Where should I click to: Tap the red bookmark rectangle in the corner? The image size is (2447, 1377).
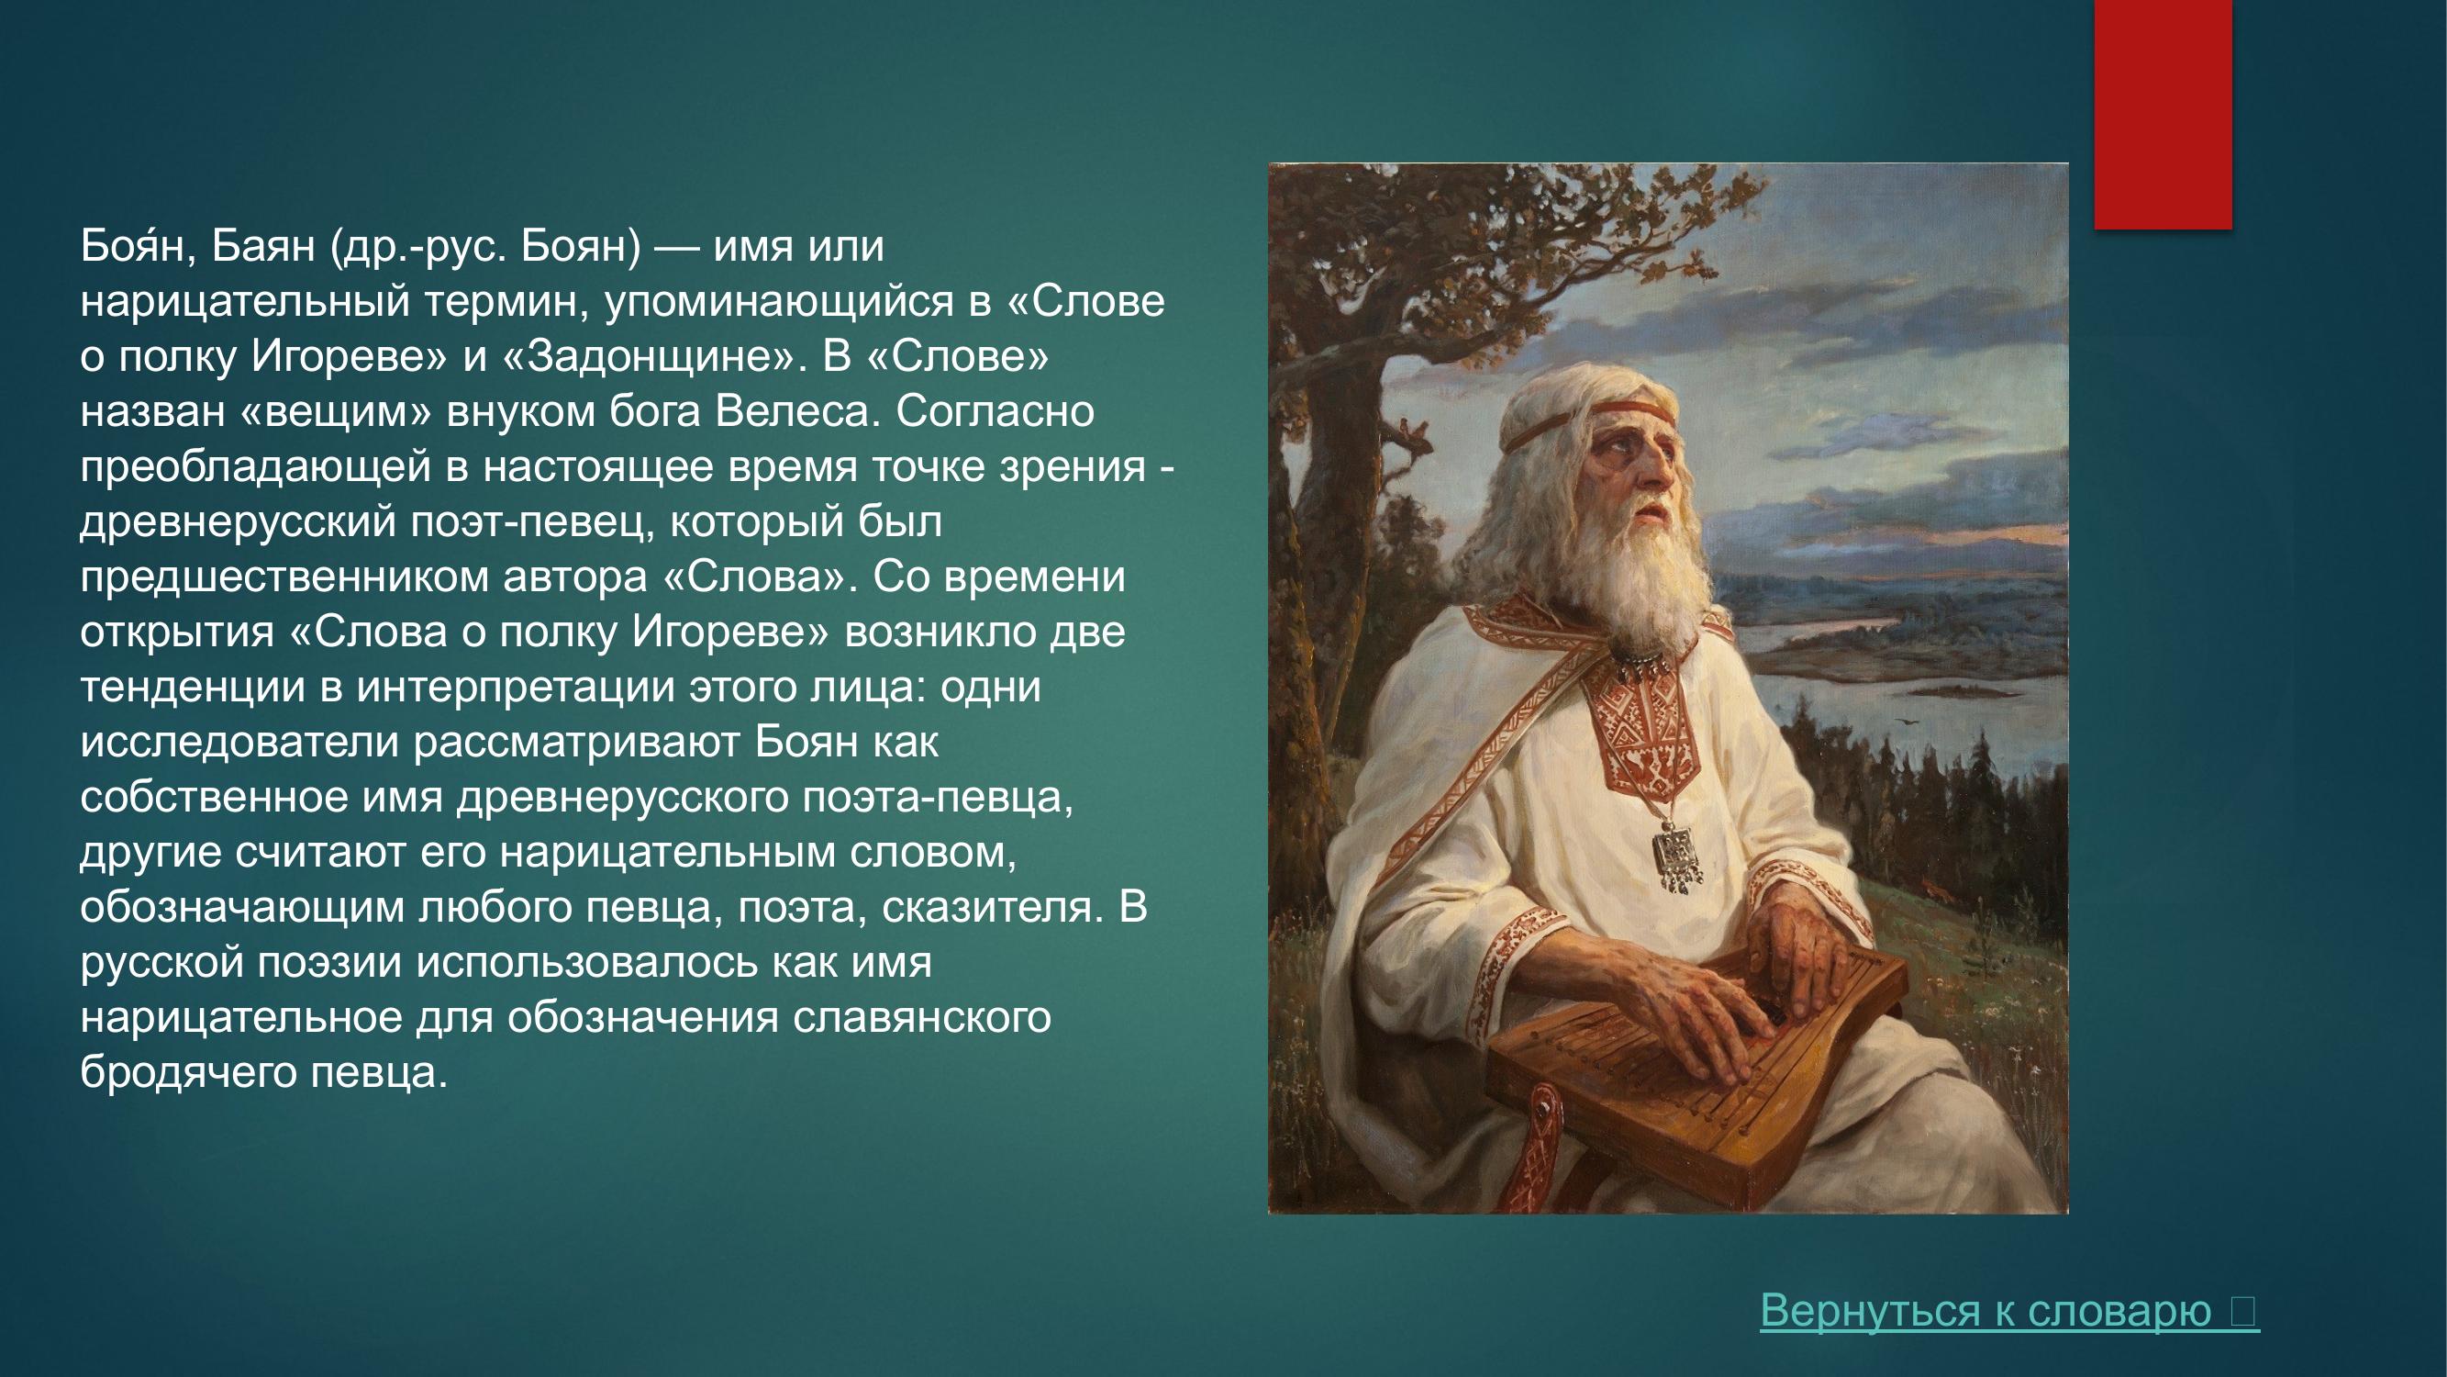pos(2163,114)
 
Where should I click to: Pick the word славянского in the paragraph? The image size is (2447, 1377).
pos(921,1017)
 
